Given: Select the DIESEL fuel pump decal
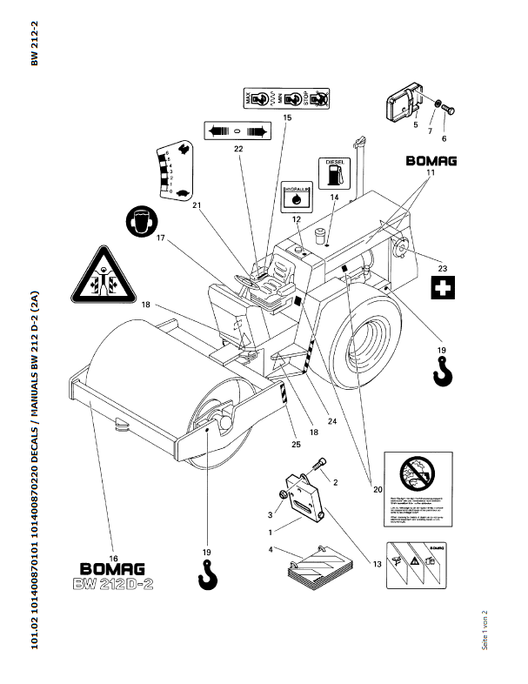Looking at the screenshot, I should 334,172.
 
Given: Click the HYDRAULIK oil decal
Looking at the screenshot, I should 297,197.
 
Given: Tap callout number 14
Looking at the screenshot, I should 334,198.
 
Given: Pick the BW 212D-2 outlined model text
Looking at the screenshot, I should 113,585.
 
